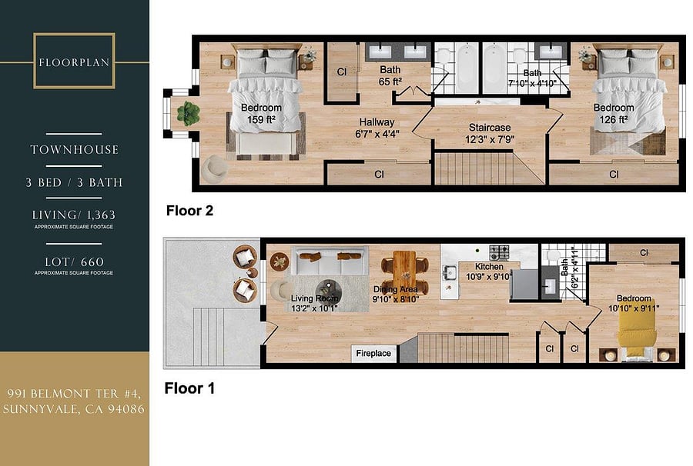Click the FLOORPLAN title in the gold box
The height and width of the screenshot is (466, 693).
coord(74,62)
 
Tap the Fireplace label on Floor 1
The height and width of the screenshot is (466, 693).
coord(373,353)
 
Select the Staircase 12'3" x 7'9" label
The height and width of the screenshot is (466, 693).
coord(490,133)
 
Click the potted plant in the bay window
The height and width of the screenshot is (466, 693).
coord(189,113)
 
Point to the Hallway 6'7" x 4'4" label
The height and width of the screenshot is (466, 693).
coord(377,128)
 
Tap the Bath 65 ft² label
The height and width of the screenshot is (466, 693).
coord(390,75)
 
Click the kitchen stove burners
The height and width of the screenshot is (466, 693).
coord(499,252)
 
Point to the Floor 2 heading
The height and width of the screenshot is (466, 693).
coord(189,211)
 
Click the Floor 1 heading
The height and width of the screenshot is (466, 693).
coord(189,388)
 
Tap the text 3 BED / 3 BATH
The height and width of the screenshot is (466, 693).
coord(74,182)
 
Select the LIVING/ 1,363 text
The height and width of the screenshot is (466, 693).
coord(74,215)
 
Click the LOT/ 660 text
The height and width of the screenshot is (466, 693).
coord(74,261)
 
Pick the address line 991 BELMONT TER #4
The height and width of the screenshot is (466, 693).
coord(74,393)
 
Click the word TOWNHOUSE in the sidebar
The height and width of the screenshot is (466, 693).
coord(74,150)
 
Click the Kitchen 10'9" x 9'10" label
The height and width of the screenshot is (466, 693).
coord(489,271)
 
